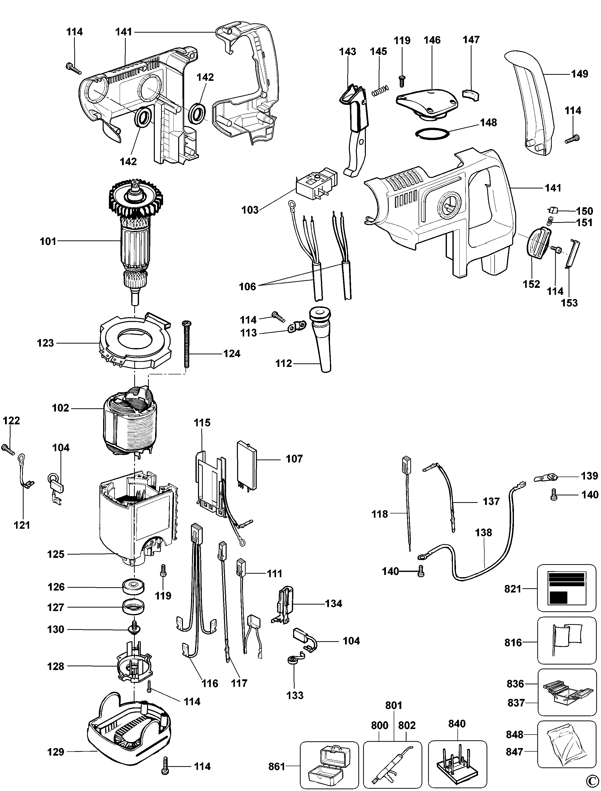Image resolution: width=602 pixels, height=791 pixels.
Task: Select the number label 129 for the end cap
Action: [55, 752]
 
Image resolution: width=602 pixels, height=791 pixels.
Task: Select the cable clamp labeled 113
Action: [297, 326]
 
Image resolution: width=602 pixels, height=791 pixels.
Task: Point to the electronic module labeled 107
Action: [247, 465]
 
